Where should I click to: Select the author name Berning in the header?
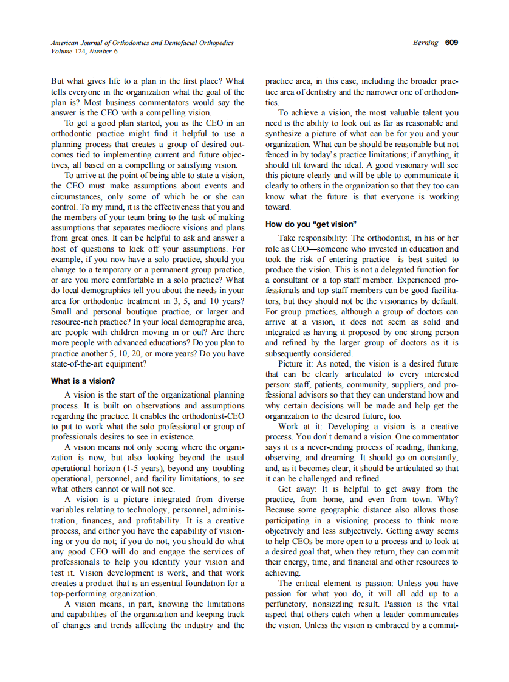click(x=425, y=43)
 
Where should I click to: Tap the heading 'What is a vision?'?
click(x=83, y=381)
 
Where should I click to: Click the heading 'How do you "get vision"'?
click(x=310, y=224)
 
